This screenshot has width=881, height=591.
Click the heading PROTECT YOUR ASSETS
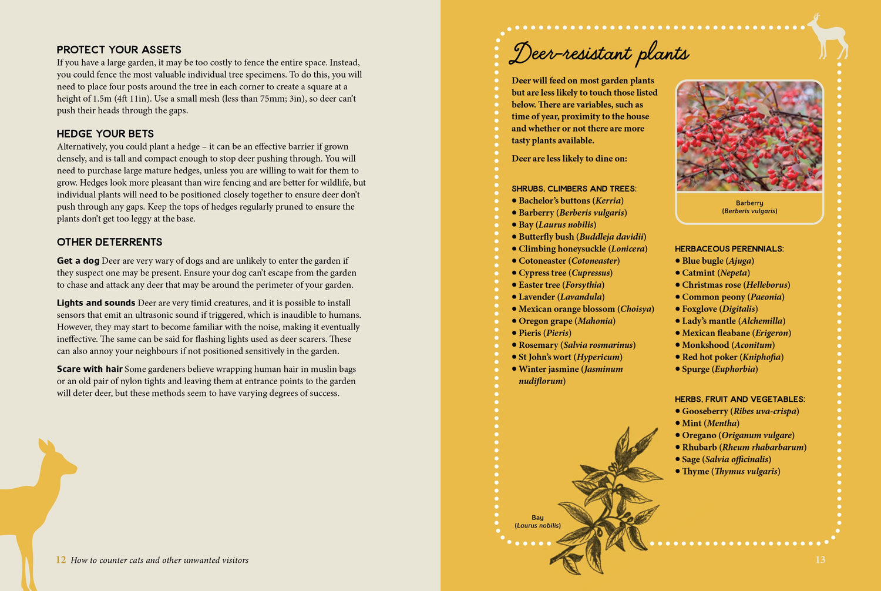click(119, 50)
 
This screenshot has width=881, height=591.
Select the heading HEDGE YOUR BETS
click(105, 134)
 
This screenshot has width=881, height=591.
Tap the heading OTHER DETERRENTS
click(109, 242)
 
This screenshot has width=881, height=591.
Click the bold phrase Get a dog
click(78, 261)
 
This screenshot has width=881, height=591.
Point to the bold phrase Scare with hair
click(89, 370)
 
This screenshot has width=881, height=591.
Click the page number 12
click(61, 560)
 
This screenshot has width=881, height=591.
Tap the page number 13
click(820, 560)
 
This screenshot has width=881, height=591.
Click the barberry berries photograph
click(749, 136)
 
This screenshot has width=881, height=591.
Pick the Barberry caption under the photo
click(749, 207)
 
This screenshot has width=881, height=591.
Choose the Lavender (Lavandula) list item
click(561, 297)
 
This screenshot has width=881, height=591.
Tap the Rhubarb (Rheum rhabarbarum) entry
click(744, 448)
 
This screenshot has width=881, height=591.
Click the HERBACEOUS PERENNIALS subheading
click(729, 249)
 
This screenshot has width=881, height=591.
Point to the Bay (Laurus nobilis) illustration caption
click(537, 522)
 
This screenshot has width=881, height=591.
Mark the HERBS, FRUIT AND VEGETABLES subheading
click(739, 399)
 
